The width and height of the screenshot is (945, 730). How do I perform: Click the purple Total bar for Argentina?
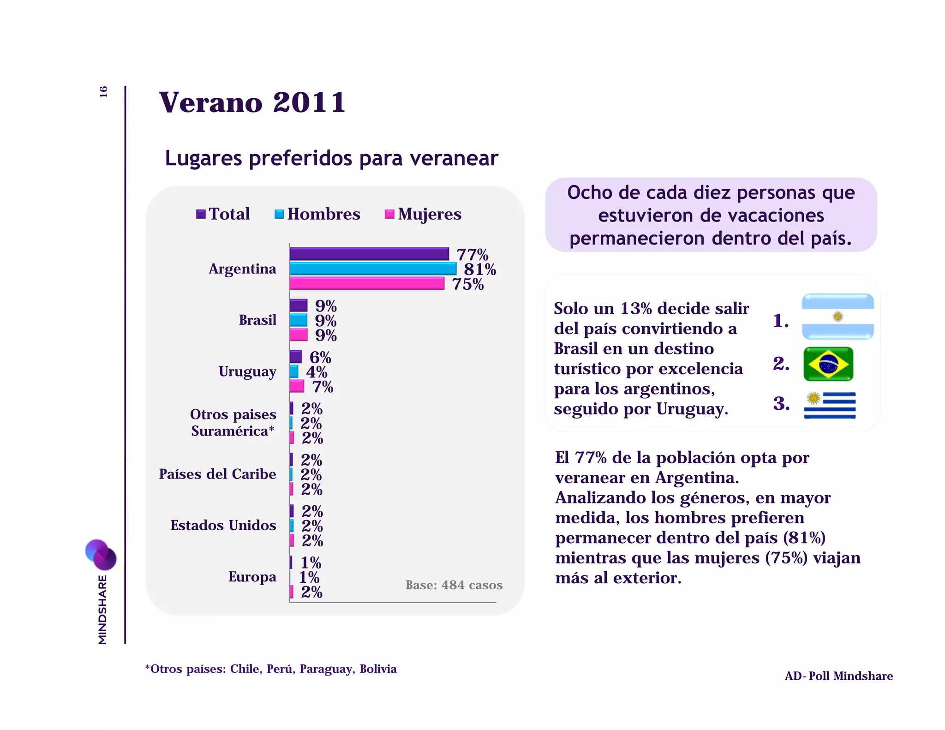pos(369,254)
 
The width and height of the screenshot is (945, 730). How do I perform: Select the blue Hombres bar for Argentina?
pos(373,269)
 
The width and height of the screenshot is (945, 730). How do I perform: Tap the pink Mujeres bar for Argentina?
pos(367,283)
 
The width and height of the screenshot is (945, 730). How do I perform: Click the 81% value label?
pos(480,269)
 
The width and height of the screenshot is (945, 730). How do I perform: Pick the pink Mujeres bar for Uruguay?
pos(297,386)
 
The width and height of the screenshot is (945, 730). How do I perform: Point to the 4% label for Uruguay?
pos(317,372)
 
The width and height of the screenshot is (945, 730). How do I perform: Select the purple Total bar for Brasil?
pos(299,305)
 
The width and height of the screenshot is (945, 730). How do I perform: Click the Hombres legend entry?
pos(318,214)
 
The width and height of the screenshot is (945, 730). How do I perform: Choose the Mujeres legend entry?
pos(423,214)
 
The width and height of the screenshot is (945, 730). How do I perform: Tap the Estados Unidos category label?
pos(223,525)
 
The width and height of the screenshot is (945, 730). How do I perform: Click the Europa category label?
pos(252,576)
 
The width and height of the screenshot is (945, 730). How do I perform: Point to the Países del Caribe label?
pos(217,474)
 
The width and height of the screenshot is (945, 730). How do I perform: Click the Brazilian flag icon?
pos(828,364)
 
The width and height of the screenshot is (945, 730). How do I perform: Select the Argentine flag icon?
pos(837,317)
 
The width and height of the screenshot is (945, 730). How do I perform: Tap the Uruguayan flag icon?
pos(830,405)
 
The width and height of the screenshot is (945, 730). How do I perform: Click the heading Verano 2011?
pos(252,102)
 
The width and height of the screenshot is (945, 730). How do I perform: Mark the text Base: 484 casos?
pos(454,585)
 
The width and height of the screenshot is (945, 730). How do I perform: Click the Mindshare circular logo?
pos(101,554)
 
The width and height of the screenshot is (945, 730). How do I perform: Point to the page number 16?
pos(103,91)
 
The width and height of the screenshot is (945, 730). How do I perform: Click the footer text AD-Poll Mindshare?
pos(838,676)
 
